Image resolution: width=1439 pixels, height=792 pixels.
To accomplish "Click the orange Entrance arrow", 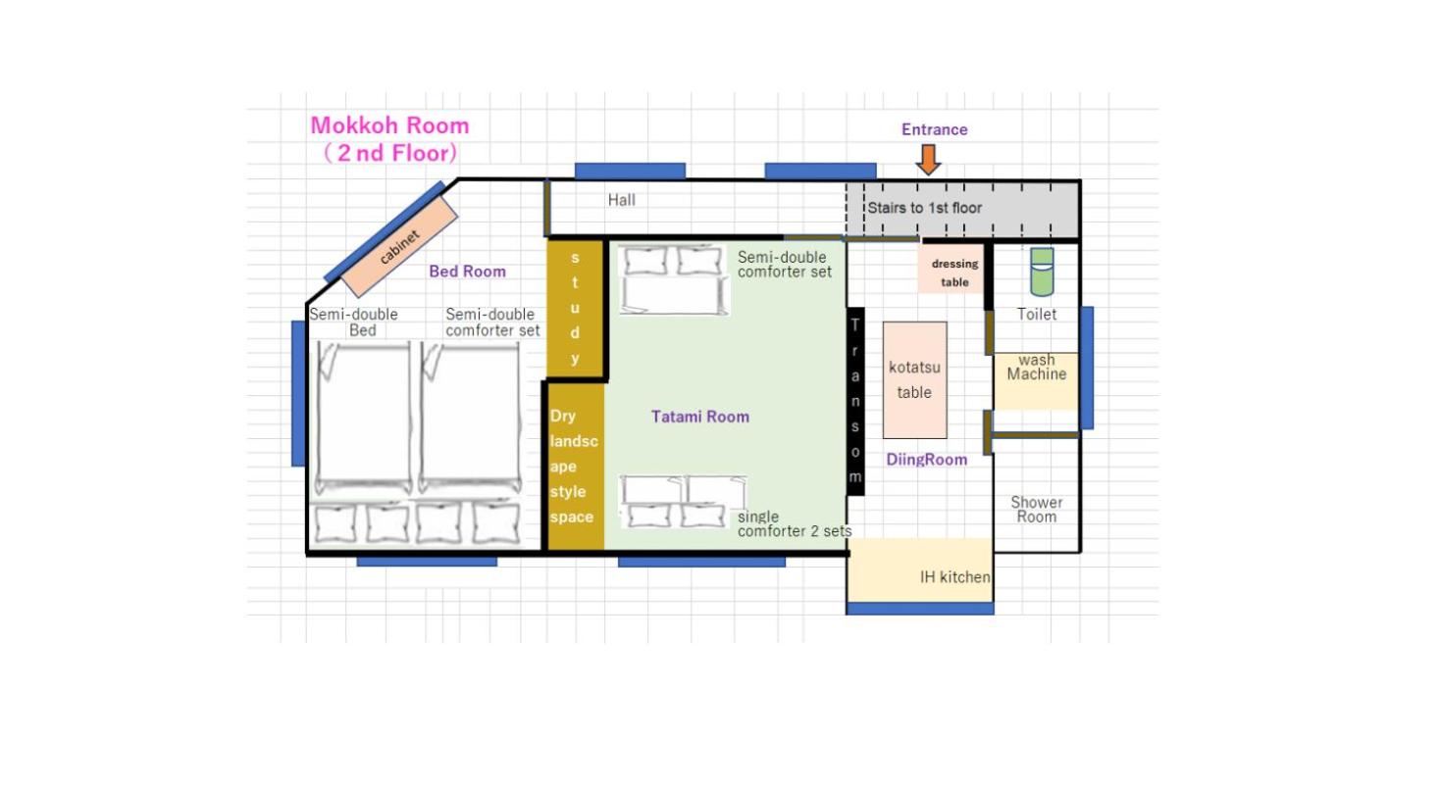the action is [928, 160].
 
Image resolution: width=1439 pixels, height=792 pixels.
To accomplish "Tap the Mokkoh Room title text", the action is [390, 125].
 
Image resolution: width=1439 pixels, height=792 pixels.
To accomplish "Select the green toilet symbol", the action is [1042, 272].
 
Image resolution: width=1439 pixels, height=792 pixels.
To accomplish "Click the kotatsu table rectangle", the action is [915, 380].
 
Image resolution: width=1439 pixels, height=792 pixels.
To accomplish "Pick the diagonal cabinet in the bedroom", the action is [399, 247].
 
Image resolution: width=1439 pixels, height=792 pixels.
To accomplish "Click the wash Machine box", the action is [1036, 381].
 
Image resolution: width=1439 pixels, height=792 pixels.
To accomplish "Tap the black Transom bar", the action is [855, 401].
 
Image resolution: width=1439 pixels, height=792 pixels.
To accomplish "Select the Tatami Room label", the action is [700, 417].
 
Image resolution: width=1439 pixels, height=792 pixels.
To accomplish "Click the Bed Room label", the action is [467, 272].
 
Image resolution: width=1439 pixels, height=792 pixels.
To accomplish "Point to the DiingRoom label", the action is [926, 460].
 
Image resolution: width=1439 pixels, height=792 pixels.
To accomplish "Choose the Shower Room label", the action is [1036, 510].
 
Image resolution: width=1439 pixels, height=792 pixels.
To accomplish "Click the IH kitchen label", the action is [954, 577].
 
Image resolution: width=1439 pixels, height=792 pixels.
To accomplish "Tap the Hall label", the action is [621, 200].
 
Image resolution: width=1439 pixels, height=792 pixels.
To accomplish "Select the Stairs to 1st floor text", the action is [924, 208].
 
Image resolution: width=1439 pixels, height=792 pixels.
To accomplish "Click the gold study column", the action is [575, 308].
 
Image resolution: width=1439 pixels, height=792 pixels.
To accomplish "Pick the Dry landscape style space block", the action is [575, 467].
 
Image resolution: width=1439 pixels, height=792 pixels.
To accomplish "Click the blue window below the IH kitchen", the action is [920, 609].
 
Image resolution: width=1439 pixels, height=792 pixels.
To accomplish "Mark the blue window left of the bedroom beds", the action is [298, 393].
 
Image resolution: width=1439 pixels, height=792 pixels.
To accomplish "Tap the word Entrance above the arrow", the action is [934, 129].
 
